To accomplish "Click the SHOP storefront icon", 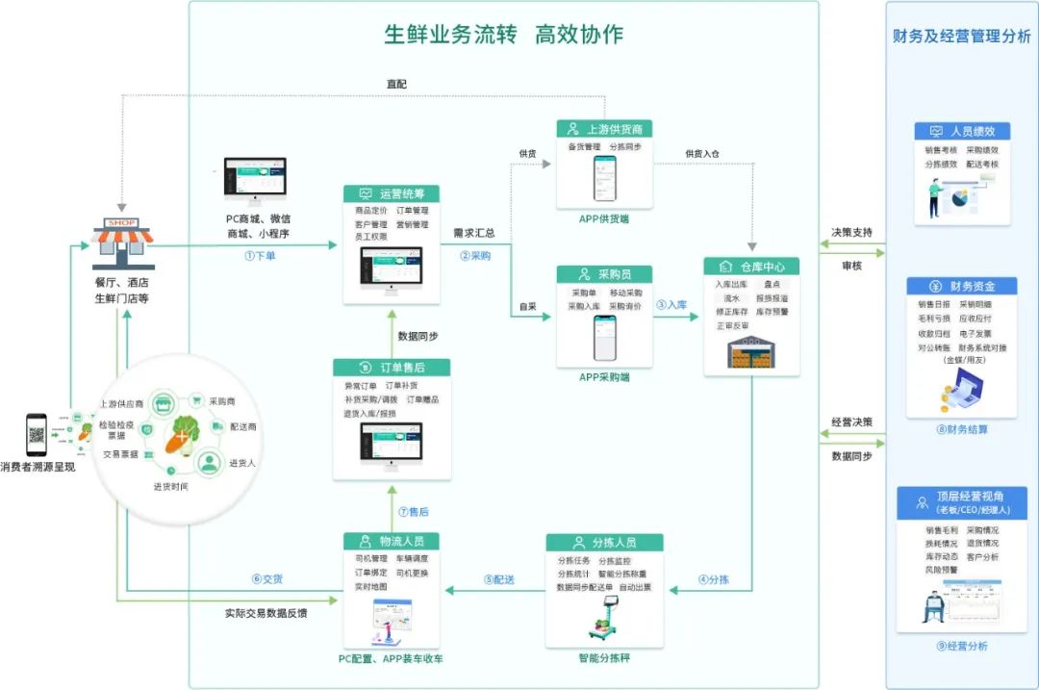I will pyautogui.click(x=122, y=243).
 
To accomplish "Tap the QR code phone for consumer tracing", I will pyautogui.click(x=37, y=435).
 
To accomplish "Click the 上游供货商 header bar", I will pyautogui.click(x=605, y=129).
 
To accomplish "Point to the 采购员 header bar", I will pyautogui.click(x=604, y=274).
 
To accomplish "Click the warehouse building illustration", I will pyautogui.click(x=751, y=352).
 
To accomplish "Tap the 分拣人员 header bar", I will pyautogui.click(x=605, y=543).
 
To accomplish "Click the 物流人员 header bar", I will pyautogui.click(x=392, y=542).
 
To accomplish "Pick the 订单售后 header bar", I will pyautogui.click(x=392, y=368).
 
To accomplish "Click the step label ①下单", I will pyautogui.click(x=261, y=257).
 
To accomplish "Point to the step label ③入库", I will pyautogui.click(x=672, y=304).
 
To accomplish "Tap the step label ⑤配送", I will pyautogui.click(x=498, y=579).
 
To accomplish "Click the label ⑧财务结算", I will pyautogui.click(x=961, y=429).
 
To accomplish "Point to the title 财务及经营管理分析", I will pyautogui.click(x=961, y=37).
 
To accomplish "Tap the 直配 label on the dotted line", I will pyautogui.click(x=395, y=84).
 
